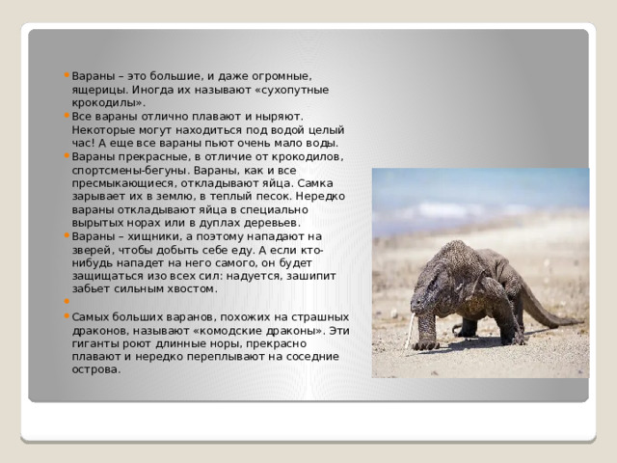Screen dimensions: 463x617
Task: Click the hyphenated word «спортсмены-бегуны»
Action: [129, 169]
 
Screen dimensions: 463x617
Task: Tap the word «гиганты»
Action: [94, 342]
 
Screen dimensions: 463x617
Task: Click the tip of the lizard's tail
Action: [582, 323]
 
